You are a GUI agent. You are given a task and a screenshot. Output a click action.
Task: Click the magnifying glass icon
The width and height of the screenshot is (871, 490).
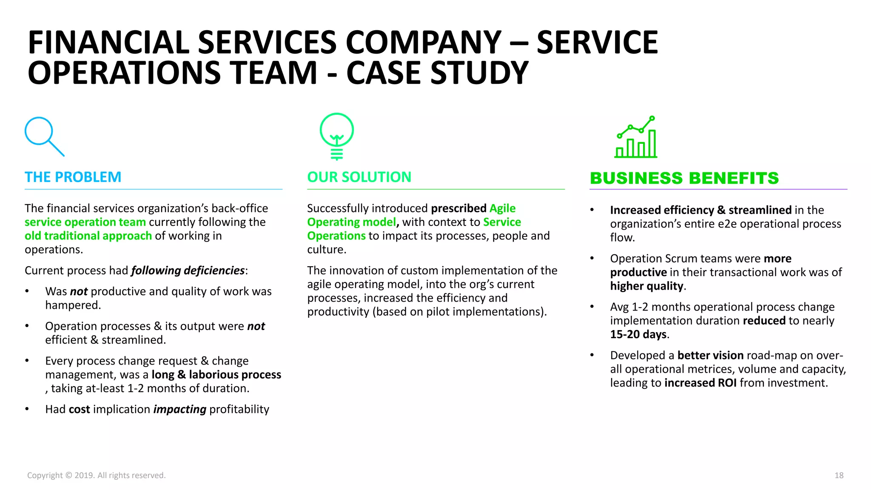44,137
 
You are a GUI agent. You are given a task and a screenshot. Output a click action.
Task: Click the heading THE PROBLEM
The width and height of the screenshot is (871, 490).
73,177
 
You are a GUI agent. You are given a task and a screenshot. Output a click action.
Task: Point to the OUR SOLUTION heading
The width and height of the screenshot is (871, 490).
359,177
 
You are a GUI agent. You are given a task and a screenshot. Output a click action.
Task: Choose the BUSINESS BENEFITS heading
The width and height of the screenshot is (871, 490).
684,178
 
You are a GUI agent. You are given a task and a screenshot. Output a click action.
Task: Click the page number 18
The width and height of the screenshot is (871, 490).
839,475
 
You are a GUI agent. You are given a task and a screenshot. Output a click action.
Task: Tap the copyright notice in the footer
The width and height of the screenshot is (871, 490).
96,475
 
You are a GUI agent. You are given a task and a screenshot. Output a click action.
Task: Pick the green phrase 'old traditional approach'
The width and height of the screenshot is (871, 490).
88,236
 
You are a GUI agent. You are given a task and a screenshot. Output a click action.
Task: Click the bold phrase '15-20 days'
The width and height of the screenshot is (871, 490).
638,334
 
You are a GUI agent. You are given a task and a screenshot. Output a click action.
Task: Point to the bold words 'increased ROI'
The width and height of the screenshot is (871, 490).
700,383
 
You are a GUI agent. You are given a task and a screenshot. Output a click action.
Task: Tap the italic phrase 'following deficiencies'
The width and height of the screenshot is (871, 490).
188,271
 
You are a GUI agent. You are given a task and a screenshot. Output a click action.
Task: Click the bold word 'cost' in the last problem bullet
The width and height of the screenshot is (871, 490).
79,409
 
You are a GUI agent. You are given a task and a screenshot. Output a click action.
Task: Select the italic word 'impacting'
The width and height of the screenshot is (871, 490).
179,409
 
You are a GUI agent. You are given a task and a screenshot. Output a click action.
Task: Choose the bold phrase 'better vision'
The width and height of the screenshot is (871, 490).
710,355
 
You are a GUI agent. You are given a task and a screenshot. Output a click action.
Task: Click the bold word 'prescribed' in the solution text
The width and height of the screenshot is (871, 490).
458,208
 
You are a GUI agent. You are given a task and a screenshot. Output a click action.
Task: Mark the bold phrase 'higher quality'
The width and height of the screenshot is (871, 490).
646,286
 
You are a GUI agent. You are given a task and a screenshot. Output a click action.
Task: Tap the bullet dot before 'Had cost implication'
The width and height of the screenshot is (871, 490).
27,409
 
